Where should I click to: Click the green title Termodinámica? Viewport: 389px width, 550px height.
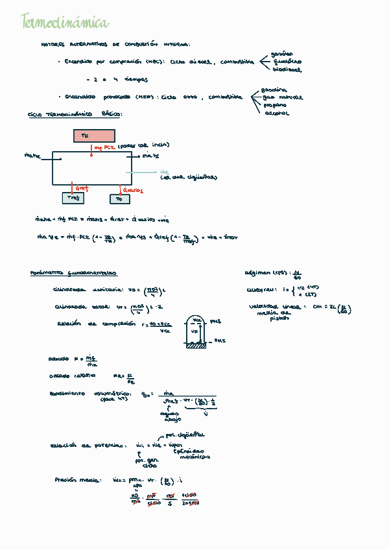tap(65, 23)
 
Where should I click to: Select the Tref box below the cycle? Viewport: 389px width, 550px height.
tap(73, 198)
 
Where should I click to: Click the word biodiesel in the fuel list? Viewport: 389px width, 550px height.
tap(286, 69)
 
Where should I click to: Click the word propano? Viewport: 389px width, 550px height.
tap(276, 105)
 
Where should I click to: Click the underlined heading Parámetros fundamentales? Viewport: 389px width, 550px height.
tap(73, 273)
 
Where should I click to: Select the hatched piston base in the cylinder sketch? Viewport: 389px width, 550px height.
tap(195, 345)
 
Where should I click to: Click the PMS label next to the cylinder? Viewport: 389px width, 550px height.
tap(216, 320)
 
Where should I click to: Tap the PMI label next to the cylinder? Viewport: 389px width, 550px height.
tap(219, 339)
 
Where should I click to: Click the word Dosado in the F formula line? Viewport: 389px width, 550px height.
tap(58, 359)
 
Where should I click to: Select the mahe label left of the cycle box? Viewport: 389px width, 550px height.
tap(32, 156)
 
